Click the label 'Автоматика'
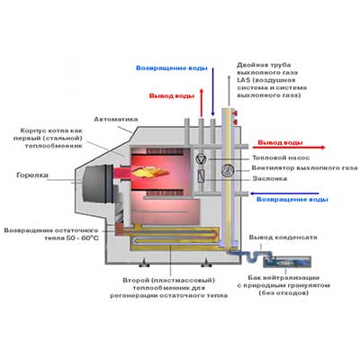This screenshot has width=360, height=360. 116,120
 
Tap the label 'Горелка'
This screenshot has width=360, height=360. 32,175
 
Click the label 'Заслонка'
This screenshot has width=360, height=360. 270,179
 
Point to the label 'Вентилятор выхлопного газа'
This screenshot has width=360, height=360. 304,168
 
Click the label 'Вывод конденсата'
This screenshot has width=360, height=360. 283,238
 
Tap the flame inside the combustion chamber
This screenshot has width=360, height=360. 150,172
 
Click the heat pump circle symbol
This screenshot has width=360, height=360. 200,159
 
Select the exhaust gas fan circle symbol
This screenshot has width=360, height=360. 227,170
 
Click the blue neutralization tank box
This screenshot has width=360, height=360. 287,262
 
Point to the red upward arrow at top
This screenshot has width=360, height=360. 202,102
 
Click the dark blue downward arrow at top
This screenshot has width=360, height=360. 212,92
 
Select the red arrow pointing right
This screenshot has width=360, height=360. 289,148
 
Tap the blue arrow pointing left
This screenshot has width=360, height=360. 284,193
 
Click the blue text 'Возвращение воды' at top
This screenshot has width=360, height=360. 172,68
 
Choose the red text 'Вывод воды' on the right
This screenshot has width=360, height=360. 280,142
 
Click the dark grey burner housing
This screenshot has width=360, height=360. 95,183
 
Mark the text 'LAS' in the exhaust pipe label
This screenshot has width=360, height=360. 243,80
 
